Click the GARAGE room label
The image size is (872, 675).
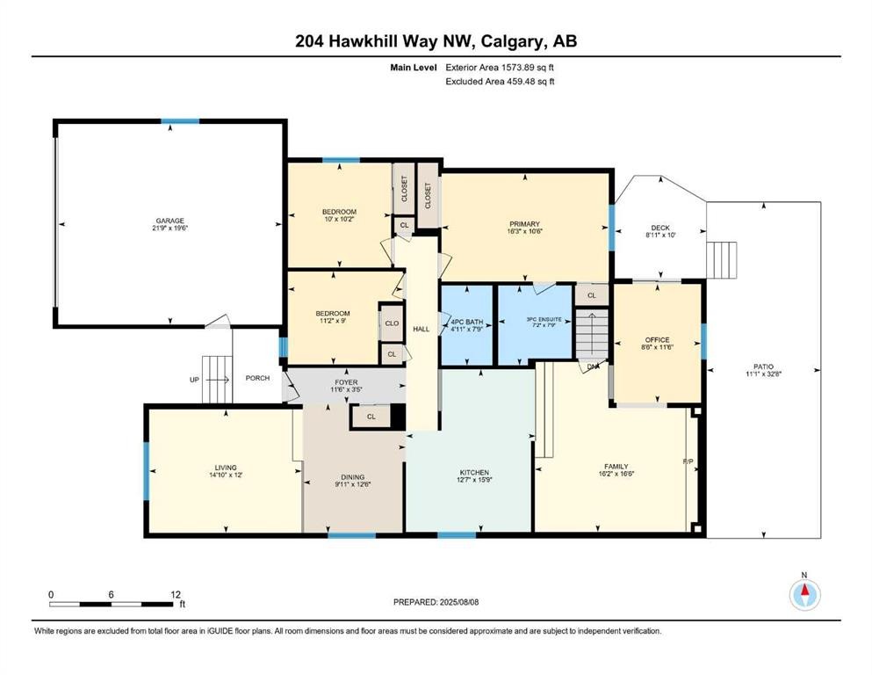coord(170,221)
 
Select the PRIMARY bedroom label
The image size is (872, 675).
coord(523,224)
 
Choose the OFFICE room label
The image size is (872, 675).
coord(657,340)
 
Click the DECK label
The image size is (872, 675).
coord(659,228)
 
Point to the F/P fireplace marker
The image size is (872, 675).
coord(688,461)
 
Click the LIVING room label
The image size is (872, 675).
coord(225,468)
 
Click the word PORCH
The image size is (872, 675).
coord(257,379)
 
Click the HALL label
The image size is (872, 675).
coord(422,329)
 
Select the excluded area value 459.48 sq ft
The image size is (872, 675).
coord(524,81)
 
